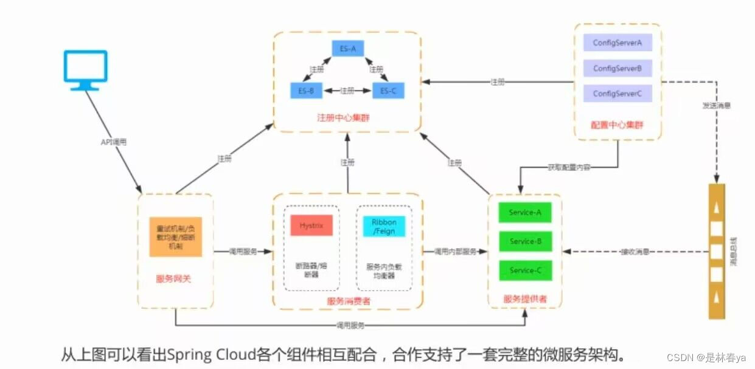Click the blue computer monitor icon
pos(86,69)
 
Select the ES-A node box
pos(347,49)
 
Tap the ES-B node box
pos(306,91)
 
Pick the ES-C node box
pos(388,91)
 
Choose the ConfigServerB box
pos(618,68)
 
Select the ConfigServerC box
pos(618,94)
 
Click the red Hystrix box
pos(311,225)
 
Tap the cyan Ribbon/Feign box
pos(384,226)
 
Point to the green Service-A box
pos(525,212)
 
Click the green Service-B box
pos(525,241)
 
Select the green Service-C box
pos(525,270)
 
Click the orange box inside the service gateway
pos(176,236)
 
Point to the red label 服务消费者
pos(347,300)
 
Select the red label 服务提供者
pos(524,298)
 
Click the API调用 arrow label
pos(114,142)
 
